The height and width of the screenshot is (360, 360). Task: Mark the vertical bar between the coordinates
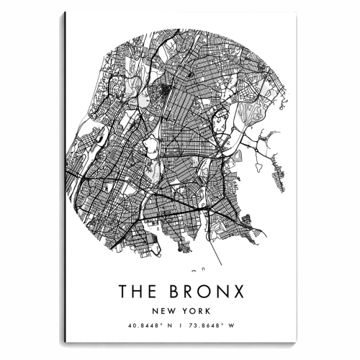tap(179, 326)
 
